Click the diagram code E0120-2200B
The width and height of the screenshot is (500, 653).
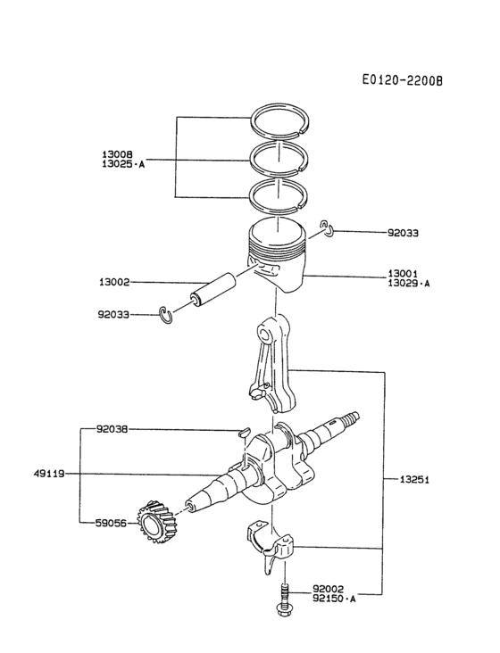[402, 79]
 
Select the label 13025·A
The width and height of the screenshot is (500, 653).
[122, 165]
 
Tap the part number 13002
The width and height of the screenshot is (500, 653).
[114, 282]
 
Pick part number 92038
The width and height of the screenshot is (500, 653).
[112, 429]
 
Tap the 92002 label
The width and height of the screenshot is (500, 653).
[329, 589]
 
